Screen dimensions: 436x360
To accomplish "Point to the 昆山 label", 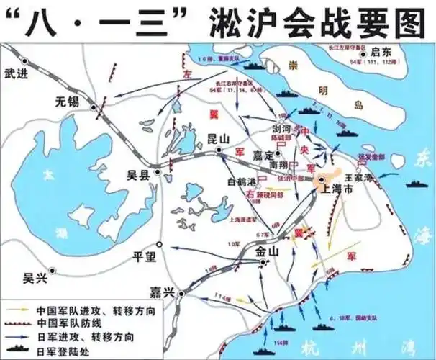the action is coord(227,137).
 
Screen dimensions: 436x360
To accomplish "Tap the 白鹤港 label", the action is coord(242,181).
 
